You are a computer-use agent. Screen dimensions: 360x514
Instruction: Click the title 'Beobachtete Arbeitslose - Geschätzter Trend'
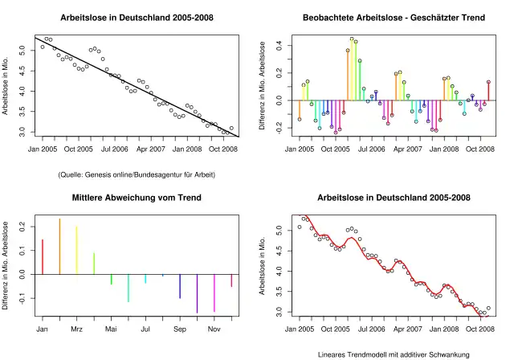pyautogui.click(x=393, y=18)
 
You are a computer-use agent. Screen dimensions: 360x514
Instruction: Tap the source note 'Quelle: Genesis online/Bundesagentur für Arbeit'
pyautogui.click(x=136, y=174)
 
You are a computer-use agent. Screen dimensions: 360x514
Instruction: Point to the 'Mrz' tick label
pyautogui.click(x=77, y=329)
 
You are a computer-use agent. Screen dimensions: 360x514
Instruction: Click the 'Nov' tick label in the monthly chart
pyautogui.click(x=214, y=329)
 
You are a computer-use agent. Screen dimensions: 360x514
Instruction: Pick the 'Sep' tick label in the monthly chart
pyautogui.click(x=179, y=329)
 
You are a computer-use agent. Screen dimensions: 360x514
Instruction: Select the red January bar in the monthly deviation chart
pyautogui.click(x=43, y=256)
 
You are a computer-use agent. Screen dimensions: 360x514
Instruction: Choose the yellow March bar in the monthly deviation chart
pyautogui.click(x=77, y=250)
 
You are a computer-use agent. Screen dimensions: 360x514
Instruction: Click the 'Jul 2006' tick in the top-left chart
pyautogui.click(x=114, y=149)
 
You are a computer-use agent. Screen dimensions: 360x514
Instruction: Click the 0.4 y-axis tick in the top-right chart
pyautogui.click(x=277, y=46)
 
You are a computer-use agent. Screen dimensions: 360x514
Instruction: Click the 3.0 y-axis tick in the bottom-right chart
pyautogui.click(x=277, y=311)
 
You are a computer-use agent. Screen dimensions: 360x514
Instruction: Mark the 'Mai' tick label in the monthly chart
pyautogui.click(x=111, y=329)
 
